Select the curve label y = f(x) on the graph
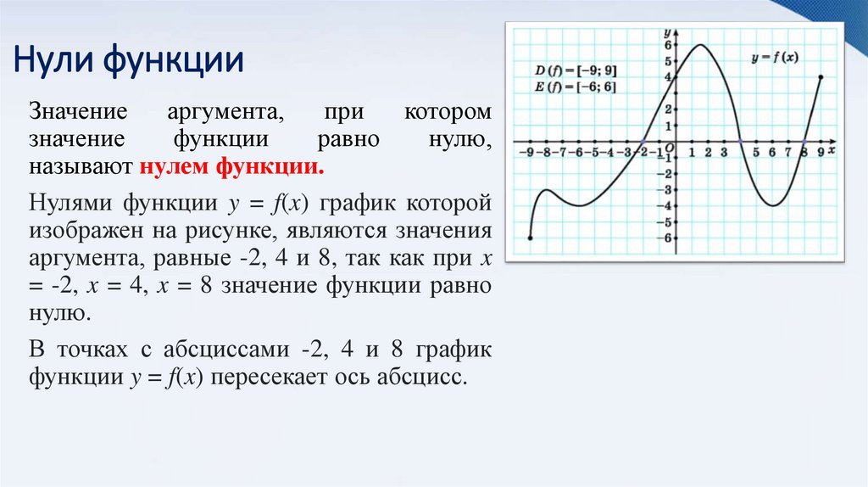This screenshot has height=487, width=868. click(x=775, y=58)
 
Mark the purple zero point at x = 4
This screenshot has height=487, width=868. click(x=740, y=142)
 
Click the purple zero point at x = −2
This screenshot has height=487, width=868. click(x=643, y=142)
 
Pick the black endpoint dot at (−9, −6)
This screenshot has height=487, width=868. click(x=530, y=238)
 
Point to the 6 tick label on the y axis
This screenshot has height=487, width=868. click(x=668, y=45)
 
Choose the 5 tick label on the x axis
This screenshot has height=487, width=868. click(x=756, y=153)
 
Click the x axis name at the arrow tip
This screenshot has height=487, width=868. click(x=832, y=150)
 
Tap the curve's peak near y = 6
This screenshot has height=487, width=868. click(x=701, y=45)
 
